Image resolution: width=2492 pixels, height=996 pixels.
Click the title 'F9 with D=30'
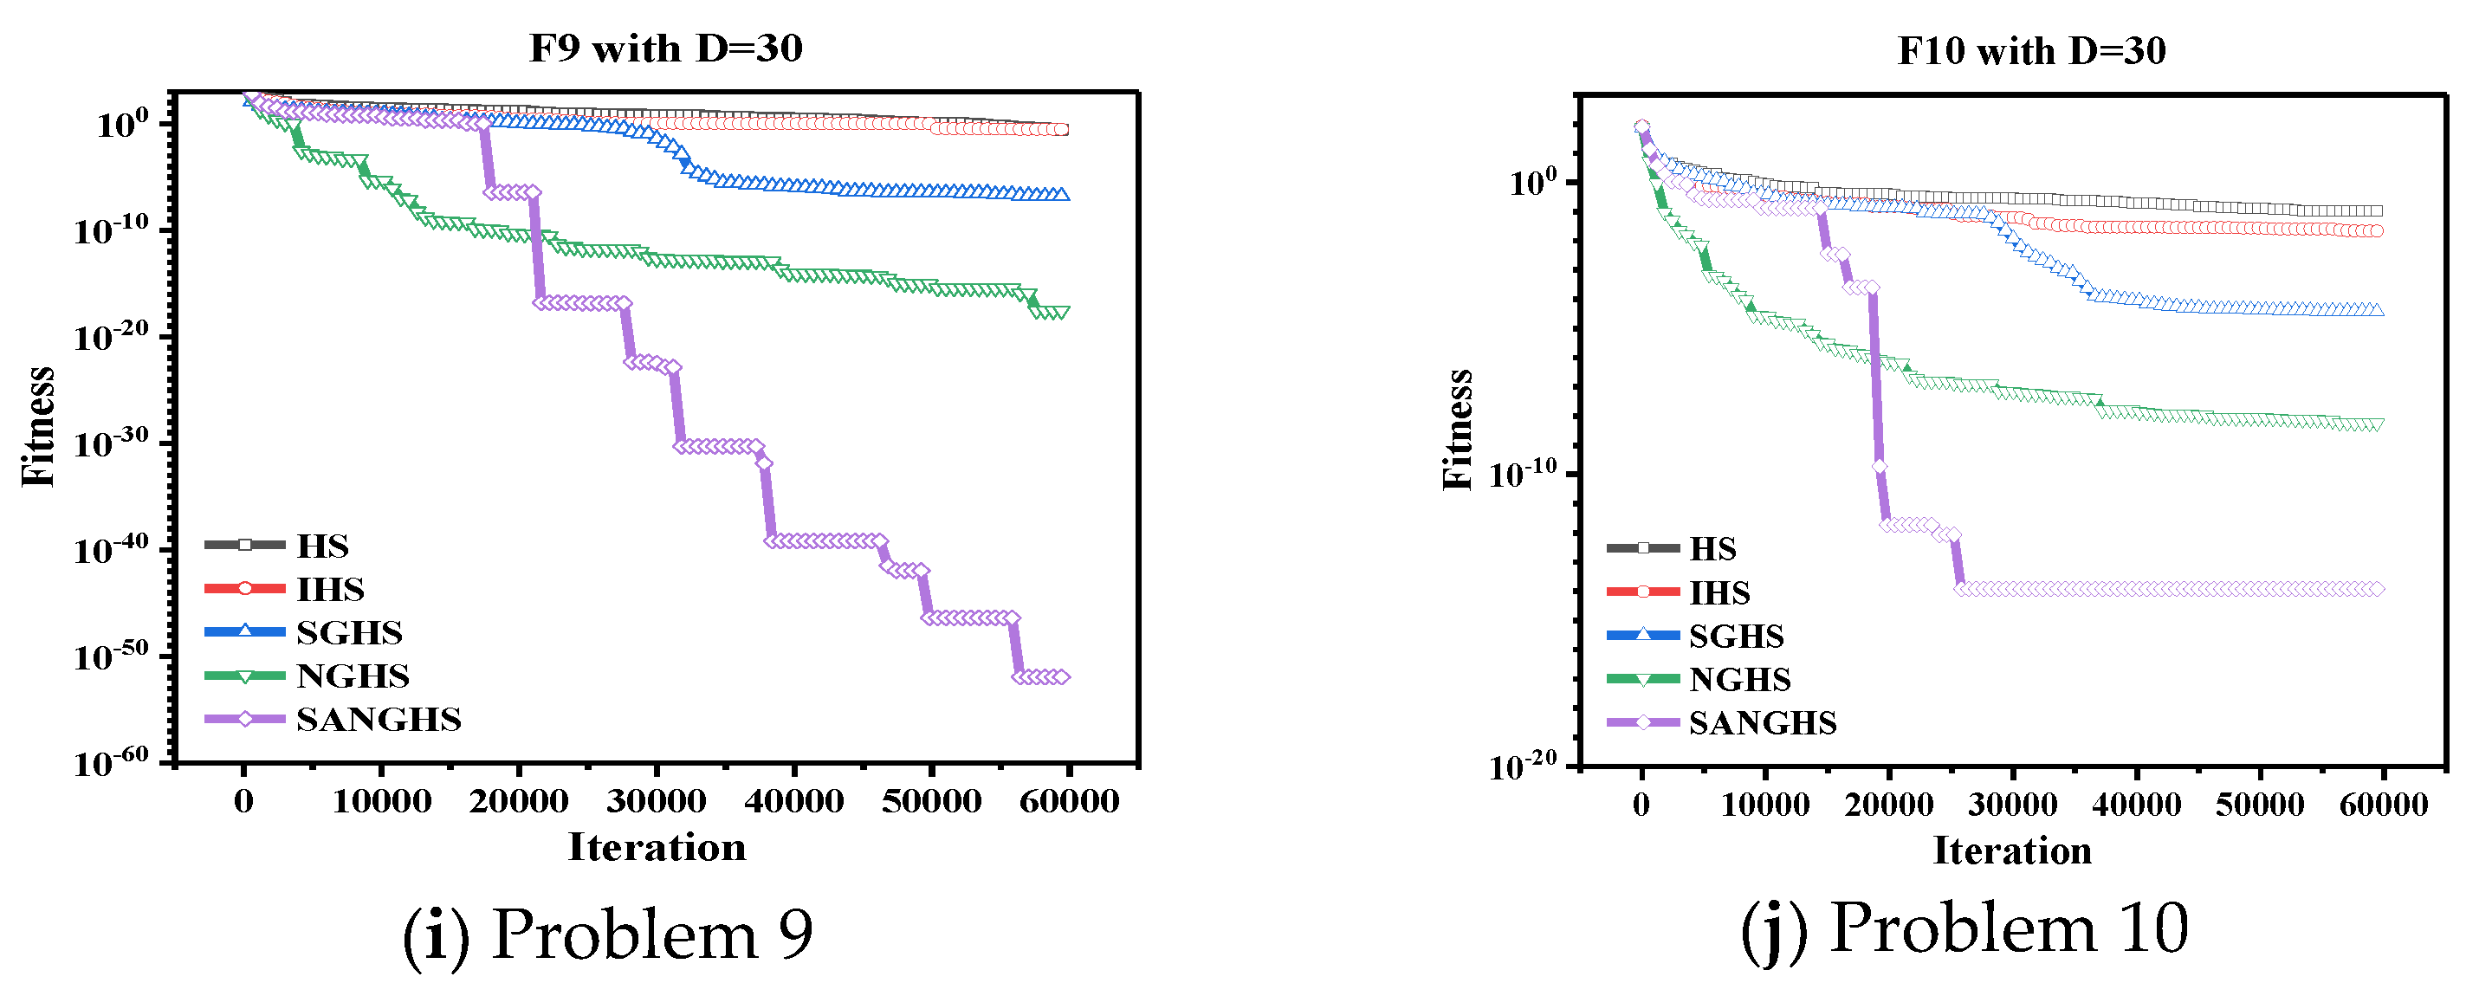pyautogui.click(x=665, y=49)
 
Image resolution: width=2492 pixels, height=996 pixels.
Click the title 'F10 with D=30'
pyautogui.click(x=2030, y=51)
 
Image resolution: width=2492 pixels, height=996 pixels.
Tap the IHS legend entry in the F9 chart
pyautogui.click(x=330, y=589)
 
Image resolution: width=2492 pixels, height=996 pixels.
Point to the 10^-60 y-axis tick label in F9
pyautogui.click(x=110, y=763)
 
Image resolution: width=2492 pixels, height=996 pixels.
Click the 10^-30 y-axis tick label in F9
pyautogui.click(x=110, y=443)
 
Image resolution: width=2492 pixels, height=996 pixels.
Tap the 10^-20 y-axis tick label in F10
pyautogui.click(x=1523, y=766)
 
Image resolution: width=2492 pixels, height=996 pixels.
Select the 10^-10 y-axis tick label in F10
pyautogui.click(x=1523, y=475)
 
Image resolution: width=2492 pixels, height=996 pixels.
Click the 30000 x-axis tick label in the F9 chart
pyautogui.click(x=656, y=802)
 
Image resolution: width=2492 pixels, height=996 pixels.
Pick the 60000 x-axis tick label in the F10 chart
pyautogui.click(x=2383, y=805)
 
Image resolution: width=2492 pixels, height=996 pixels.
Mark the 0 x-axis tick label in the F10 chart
pyautogui.click(x=1641, y=805)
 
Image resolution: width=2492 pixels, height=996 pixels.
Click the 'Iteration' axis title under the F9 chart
pyautogui.click(x=656, y=848)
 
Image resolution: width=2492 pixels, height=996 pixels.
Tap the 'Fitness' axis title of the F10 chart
pyautogui.click(x=1458, y=430)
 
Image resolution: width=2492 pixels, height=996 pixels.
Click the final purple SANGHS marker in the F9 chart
pyautogui.click(x=1062, y=677)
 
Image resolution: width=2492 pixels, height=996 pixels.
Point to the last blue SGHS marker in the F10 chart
pyautogui.click(x=2376, y=309)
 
